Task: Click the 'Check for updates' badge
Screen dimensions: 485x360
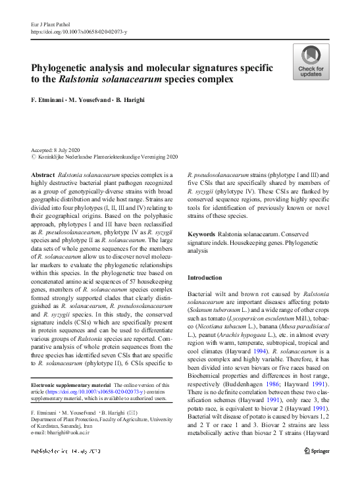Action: click(x=311, y=62)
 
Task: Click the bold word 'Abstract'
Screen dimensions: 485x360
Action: click(x=43, y=174)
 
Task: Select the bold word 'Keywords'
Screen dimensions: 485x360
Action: click(x=201, y=234)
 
